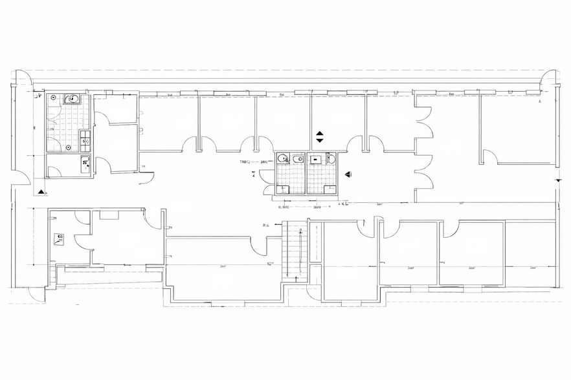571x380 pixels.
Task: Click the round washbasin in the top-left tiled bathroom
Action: coord(73,99)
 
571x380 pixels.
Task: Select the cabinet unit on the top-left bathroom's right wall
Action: coord(85,138)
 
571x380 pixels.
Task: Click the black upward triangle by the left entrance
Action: coord(42,191)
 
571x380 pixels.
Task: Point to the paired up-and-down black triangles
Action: coord(319,136)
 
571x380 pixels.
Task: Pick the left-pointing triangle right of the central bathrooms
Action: coord(348,174)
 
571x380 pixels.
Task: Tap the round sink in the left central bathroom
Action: coord(283,158)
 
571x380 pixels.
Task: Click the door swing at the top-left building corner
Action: coord(21,79)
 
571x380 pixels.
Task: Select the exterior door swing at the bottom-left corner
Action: coord(36,293)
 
